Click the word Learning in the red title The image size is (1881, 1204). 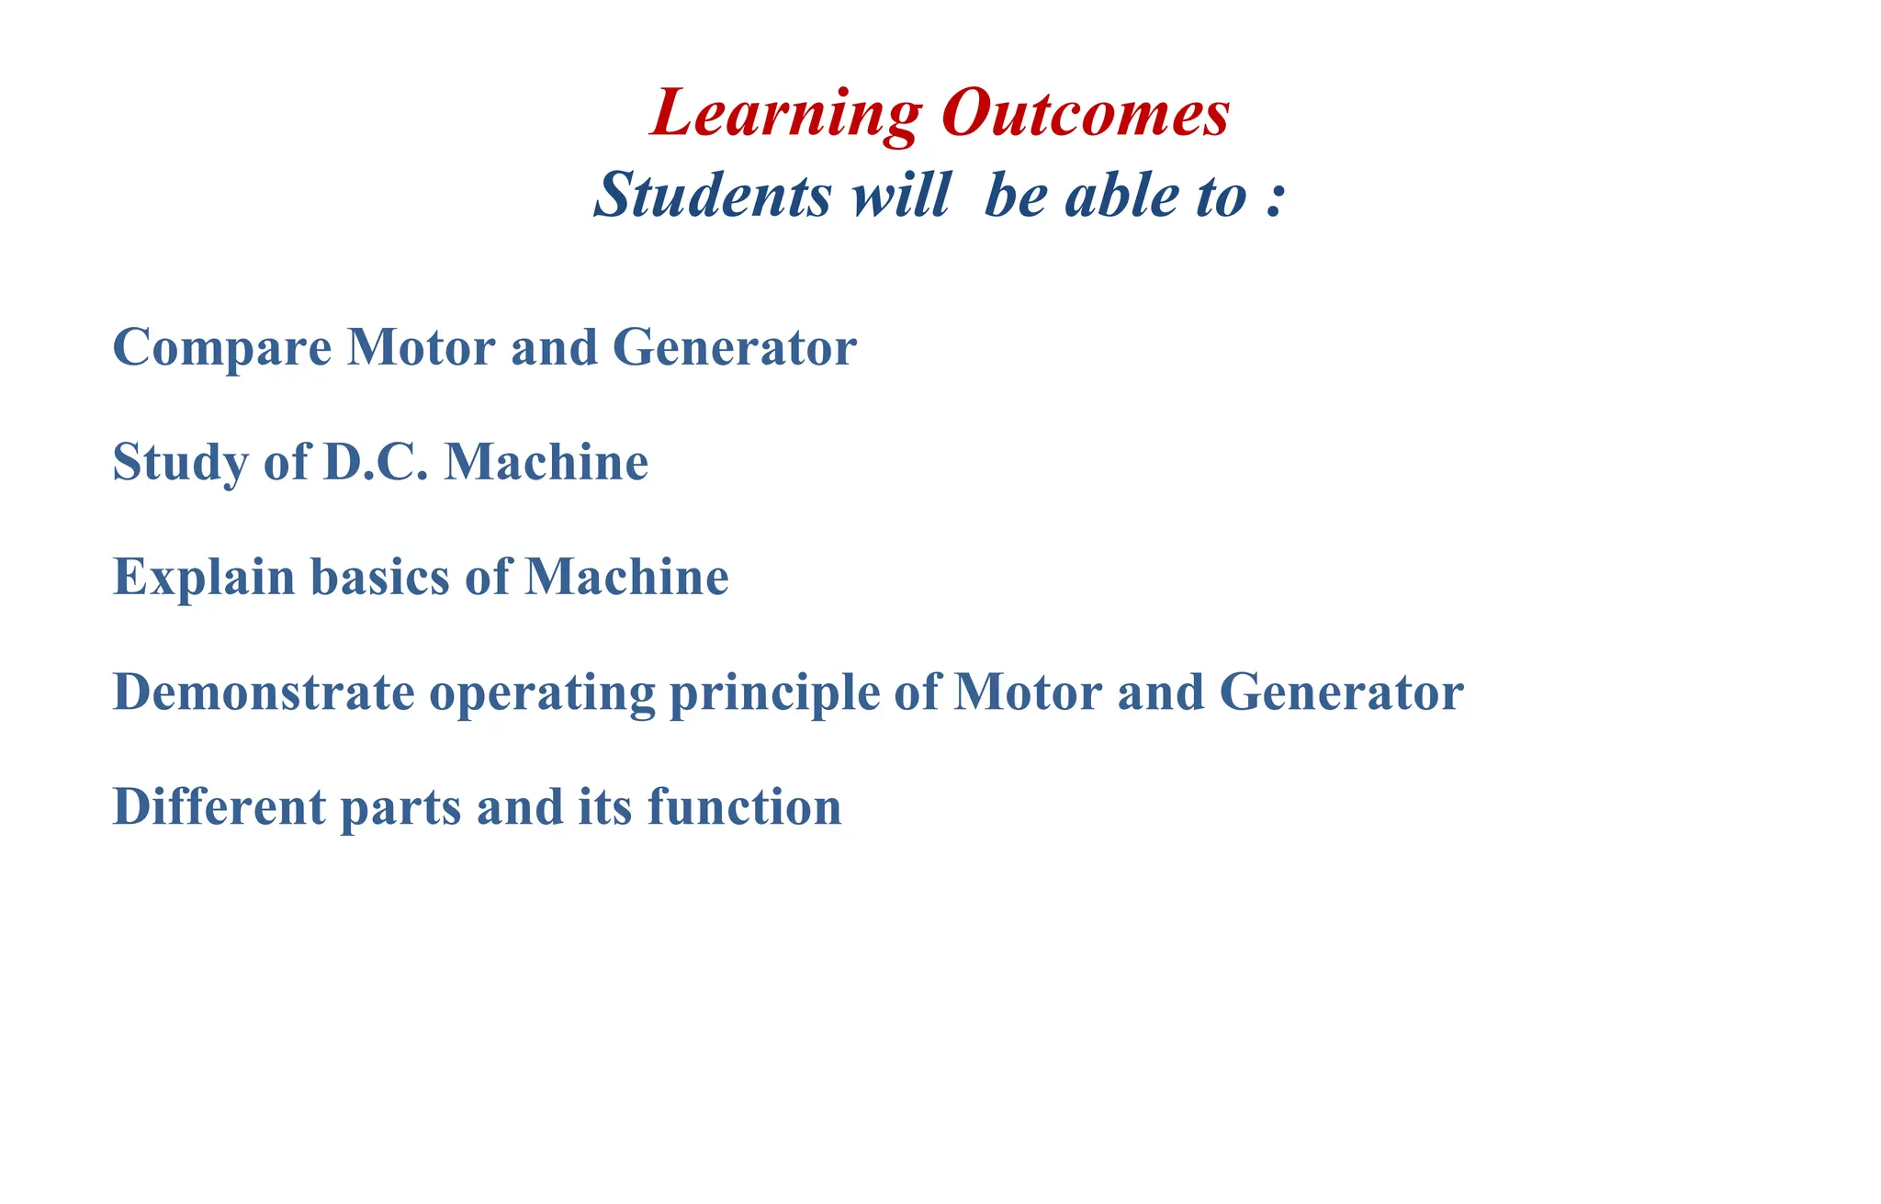785,114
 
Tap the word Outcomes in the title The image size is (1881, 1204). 1085,114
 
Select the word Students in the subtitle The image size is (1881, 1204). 713,196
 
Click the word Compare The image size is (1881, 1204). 221,349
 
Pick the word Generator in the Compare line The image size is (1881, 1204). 734,347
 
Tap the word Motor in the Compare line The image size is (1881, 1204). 421,347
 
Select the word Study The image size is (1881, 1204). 180,462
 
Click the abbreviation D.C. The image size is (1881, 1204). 376,462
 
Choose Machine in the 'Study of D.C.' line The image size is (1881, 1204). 546,462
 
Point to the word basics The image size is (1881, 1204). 380,577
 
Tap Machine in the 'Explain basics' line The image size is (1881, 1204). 626,577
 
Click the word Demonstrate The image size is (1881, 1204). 264,692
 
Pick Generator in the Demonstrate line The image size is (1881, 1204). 1341,692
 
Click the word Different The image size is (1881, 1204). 219,806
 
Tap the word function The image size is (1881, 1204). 744,806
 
